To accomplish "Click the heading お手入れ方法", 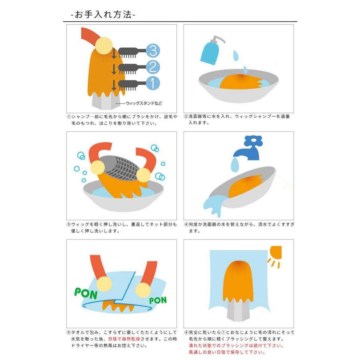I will tap(103, 15).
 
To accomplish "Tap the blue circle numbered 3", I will tap(152, 50).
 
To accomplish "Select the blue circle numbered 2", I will tap(152, 67).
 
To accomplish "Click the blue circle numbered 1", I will tap(152, 84).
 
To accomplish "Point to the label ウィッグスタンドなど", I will tap(144, 103).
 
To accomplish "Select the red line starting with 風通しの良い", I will tap(227, 352).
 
